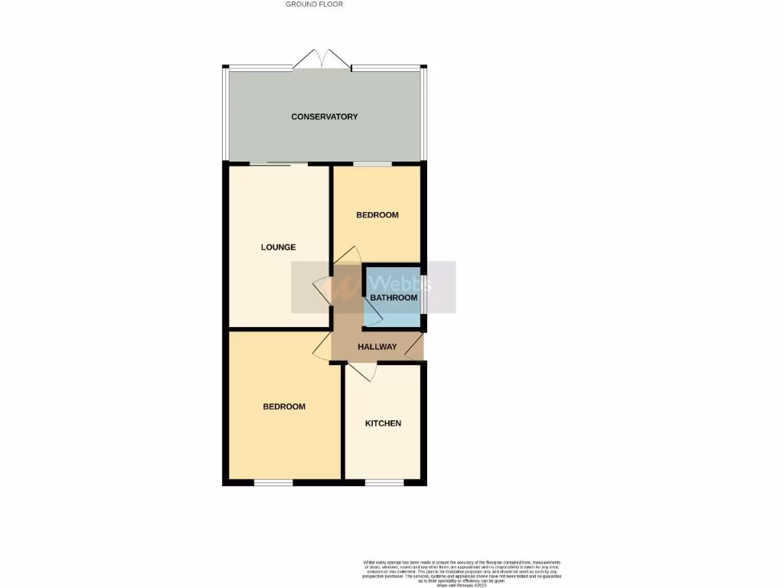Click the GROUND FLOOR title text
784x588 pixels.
click(314, 4)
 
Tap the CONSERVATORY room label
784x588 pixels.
click(325, 116)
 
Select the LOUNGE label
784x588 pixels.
click(278, 247)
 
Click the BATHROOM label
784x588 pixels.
click(394, 297)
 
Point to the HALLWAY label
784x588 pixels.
click(377, 347)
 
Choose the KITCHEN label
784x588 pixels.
click(383, 423)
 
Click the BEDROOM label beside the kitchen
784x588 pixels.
click(284, 407)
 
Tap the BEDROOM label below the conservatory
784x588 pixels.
click(377, 214)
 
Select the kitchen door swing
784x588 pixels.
click(360, 371)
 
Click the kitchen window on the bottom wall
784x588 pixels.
click(380, 482)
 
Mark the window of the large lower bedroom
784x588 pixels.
click(273, 482)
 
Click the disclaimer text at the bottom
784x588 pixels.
click(462, 573)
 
